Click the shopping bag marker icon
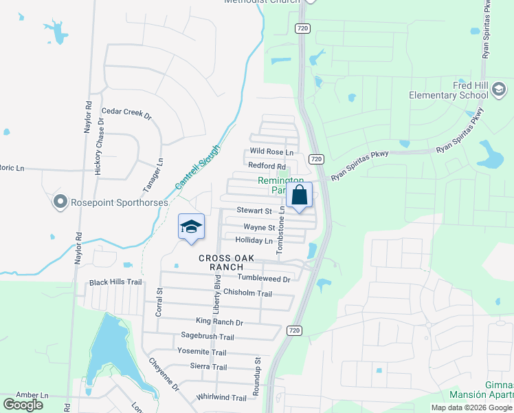pos(300,195)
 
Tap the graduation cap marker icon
pos(192,227)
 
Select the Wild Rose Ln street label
pos(271,151)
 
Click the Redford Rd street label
pos(267,166)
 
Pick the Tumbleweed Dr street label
pos(263,278)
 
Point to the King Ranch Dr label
pos(219,321)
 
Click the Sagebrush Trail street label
pos(208,337)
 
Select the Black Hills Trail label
pos(115,283)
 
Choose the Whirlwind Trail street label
pos(221,398)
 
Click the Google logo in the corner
pos(23,405)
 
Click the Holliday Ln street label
pos(254,241)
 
